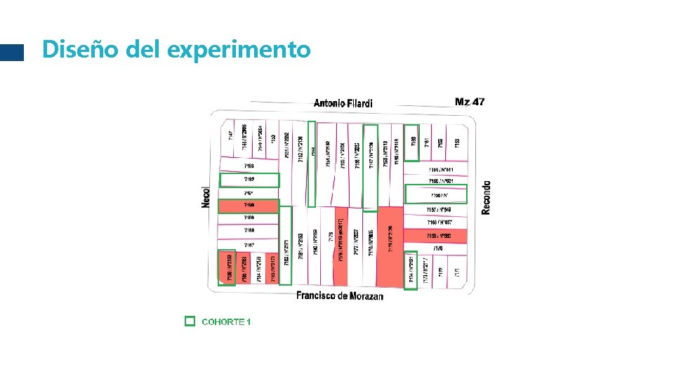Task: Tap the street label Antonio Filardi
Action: [343, 103]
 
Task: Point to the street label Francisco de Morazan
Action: [340, 295]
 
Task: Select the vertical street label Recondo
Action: [487, 197]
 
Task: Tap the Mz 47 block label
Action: [469, 102]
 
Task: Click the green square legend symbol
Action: [189, 321]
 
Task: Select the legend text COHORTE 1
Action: [226, 321]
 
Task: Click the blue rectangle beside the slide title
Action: [12, 53]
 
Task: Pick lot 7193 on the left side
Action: [249, 166]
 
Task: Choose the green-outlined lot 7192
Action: [249, 180]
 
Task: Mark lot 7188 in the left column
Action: [249, 230]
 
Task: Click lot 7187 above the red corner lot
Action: [249, 245]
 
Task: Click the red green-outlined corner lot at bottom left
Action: [227, 267]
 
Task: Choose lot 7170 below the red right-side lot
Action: [438, 248]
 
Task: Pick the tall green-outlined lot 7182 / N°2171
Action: [286, 246]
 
